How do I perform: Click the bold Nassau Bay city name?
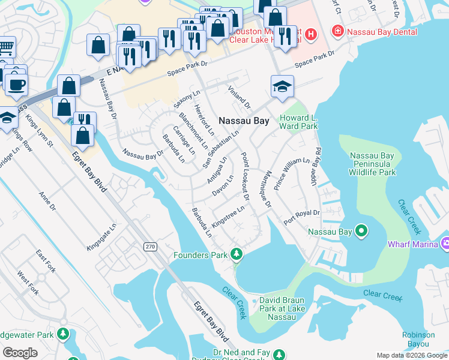(x=244, y=121)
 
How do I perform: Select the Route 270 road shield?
(x=149, y=247)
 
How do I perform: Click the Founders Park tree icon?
(x=237, y=255)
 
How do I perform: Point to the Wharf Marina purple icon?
(x=445, y=244)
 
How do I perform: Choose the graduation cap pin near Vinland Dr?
(x=282, y=86)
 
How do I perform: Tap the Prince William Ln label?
(x=291, y=174)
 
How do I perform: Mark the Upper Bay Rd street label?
(x=316, y=166)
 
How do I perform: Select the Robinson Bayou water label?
(x=418, y=340)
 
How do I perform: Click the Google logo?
(x=20, y=352)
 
